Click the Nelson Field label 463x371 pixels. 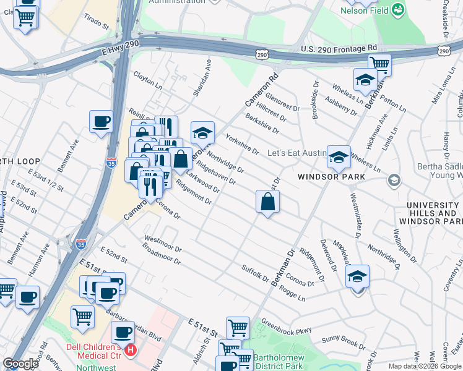point(365,10)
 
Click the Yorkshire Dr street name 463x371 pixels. point(242,143)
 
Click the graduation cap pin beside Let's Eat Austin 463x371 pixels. point(339,157)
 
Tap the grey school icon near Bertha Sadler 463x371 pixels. point(392,180)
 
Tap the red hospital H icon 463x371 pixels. point(131,351)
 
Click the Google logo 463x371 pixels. point(21,364)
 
